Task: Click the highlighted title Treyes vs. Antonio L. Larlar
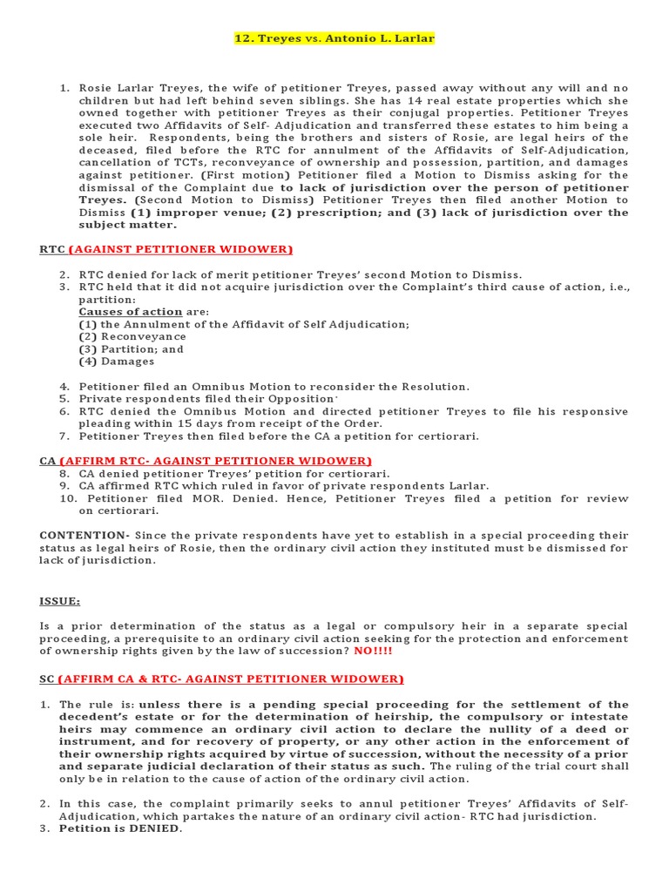[334, 38]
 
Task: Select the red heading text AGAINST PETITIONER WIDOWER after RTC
[180, 249]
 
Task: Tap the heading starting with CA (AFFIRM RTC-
[206, 460]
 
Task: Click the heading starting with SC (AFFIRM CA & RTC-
[222, 679]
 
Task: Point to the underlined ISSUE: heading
[60, 600]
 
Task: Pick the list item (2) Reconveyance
[132, 336]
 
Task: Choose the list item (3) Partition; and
[132, 349]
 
